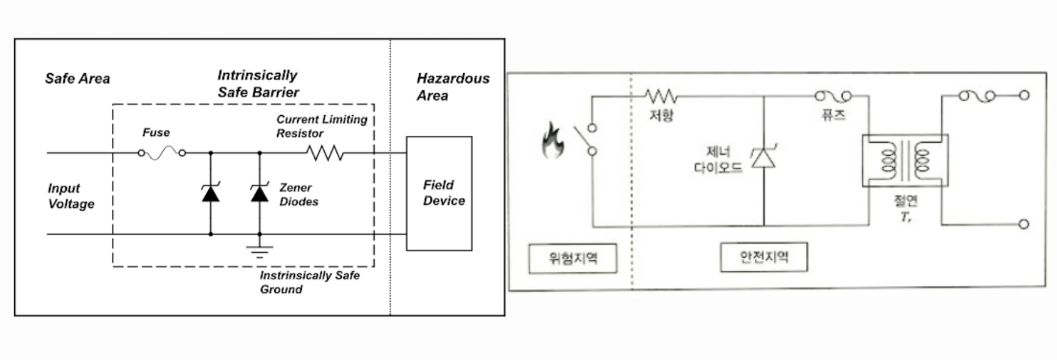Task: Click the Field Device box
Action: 439,193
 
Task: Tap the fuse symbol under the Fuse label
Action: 162,153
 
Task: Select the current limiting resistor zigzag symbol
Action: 325,153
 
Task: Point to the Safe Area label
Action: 77,79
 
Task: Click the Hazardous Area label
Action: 453,86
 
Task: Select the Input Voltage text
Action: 71,196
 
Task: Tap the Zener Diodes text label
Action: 298,195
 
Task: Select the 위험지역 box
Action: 573,258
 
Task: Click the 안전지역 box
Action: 764,257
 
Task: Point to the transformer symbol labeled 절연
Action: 905,161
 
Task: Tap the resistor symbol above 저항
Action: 661,96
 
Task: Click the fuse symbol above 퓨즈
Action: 833,96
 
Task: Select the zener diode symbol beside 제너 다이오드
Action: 763,157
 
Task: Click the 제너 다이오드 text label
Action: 718,160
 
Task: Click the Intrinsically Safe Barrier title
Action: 258,84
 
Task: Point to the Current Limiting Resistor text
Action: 321,126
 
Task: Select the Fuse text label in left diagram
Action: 156,132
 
